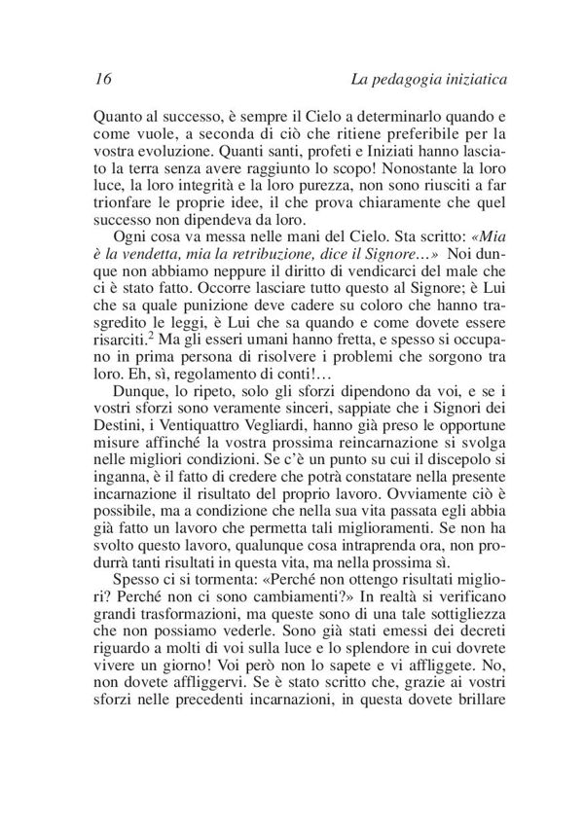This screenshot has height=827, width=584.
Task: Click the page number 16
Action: [104, 78]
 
